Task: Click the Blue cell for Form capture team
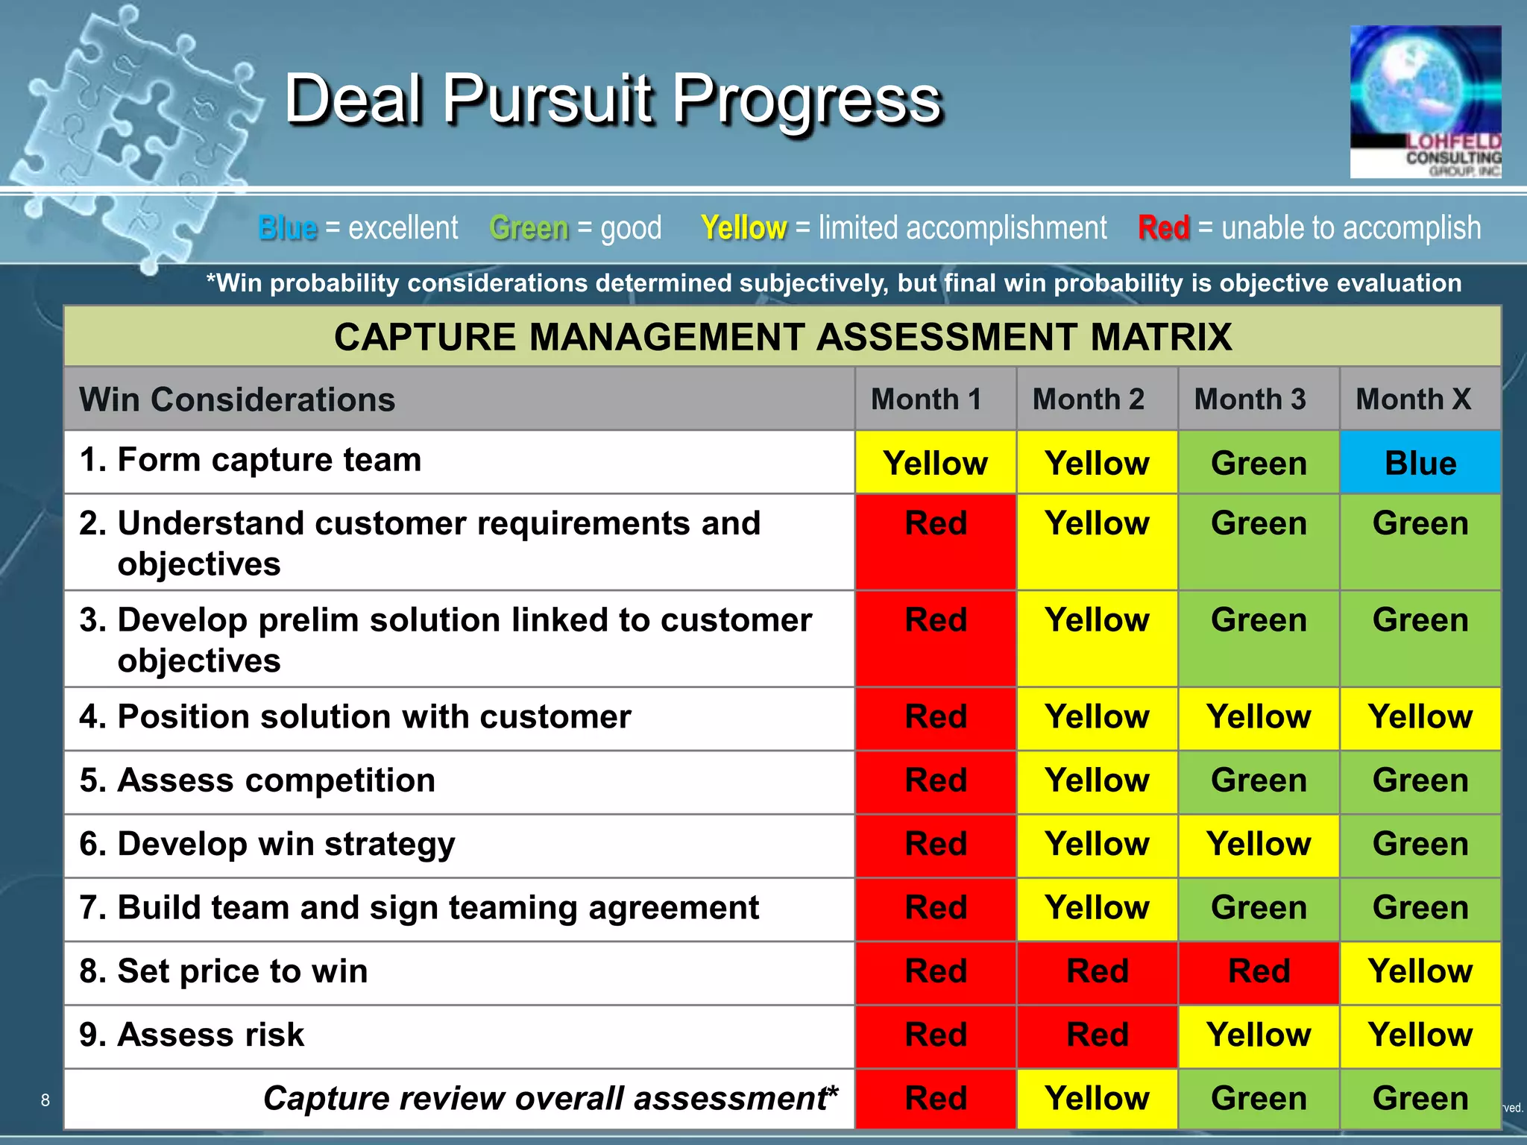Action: (1420, 463)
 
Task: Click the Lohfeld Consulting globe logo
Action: (1425, 101)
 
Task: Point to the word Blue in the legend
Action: (288, 228)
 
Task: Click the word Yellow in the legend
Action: (743, 228)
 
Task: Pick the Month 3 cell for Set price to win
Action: (1259, 971)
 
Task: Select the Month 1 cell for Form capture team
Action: (935, 463)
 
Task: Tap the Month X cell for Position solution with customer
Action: (1420, 717)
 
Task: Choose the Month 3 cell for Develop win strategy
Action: (1259, 845)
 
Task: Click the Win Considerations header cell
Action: (237, 400)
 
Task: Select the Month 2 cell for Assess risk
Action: (1097, 1035)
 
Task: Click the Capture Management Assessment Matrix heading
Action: (782, 337)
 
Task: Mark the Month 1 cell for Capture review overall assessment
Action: (935, 1099)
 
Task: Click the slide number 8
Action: (45, 1100)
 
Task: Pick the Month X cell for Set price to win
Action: (1420, 971)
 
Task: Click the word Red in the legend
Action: (1163, 228)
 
